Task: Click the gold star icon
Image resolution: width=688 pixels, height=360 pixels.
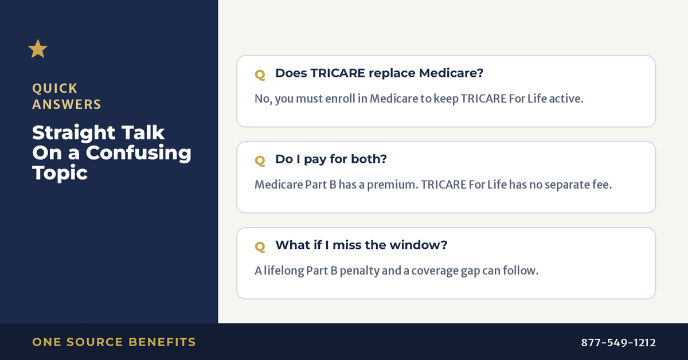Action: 38,49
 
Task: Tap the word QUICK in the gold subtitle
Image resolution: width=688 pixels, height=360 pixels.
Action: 54,89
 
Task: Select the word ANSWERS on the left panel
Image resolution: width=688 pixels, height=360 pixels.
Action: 67,104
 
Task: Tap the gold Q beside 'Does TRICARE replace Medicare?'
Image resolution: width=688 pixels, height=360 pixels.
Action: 260,75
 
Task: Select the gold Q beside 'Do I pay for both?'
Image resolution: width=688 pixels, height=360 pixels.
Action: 260,161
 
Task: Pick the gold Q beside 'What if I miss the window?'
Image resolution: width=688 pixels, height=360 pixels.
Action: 260,246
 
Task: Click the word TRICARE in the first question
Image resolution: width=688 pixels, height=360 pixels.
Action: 338,73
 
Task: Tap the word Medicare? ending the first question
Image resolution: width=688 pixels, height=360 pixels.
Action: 451,73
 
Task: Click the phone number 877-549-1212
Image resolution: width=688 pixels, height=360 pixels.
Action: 618,342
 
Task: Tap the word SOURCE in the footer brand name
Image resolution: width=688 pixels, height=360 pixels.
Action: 95,342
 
